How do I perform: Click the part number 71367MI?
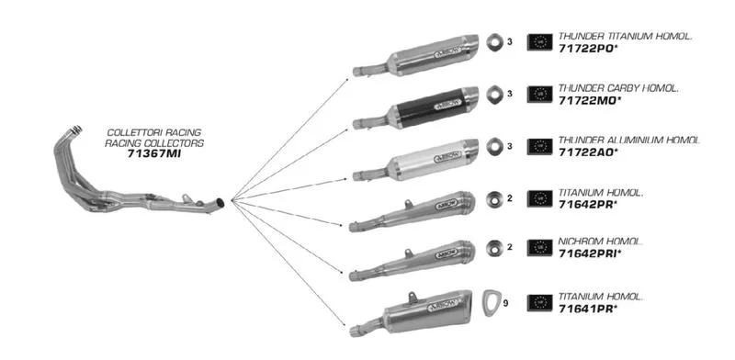(x=153, y=153)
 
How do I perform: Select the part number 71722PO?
(x=586, y=48)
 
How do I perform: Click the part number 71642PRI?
(x=590, y=253)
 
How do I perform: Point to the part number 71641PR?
(x=588, y=309)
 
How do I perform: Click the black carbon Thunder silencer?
(x=416, y=108)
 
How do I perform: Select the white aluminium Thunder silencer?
(x=416, y=161)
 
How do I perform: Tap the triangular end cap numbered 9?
(x=492, y=302)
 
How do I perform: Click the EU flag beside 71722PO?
(x=539, y=42)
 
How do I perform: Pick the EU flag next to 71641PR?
(x=539, y=303)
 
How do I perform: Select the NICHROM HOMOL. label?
(x=600, y=242)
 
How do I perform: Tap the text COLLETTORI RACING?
(x=153, y=132)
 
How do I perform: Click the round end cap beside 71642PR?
(x=493, y=198)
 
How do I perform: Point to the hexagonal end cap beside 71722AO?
(x=493, y=147)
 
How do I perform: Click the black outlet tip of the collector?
(x=220, y=204)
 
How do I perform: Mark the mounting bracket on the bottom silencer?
(x=413, y=298)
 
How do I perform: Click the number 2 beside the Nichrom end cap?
(x=510, y=247)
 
